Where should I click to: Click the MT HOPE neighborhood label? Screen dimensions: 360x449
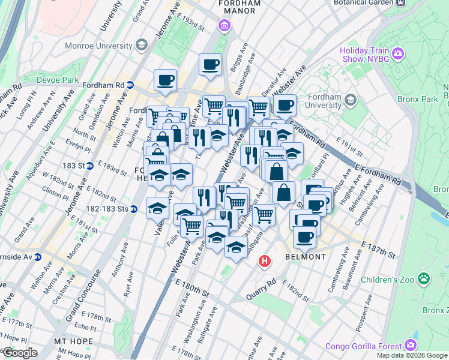[73, 341]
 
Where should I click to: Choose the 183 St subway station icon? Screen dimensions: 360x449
[89, 166]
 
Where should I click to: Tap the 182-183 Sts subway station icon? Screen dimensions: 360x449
[134, 209]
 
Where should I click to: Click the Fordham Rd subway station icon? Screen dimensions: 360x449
[129, 85]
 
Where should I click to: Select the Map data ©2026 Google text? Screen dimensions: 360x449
[411, 355]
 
